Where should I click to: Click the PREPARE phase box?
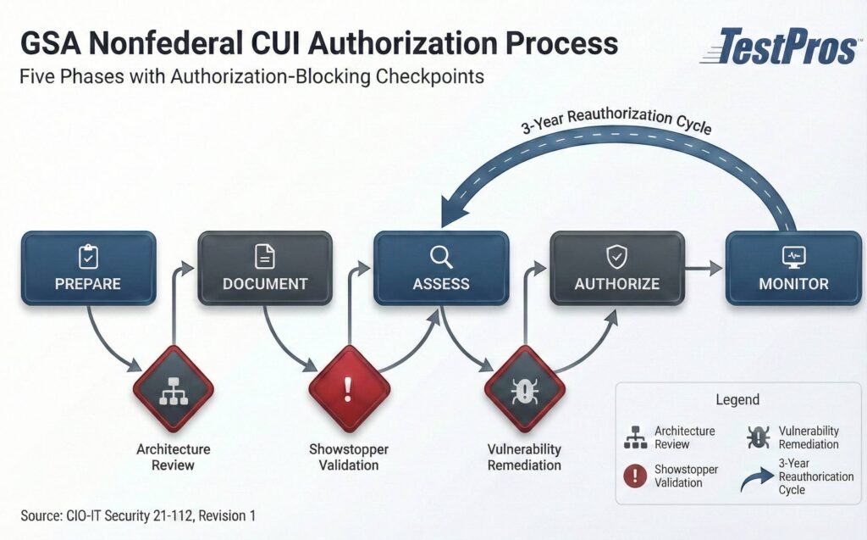click(88, 268)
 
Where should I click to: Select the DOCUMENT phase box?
click(264, 268)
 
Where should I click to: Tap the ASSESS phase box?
click(441, 268)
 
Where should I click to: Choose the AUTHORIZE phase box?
click(617, 268)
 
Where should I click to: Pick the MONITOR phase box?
click(793, 268)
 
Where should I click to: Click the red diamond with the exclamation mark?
click(349, 388)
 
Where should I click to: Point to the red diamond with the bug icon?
click(525, 388)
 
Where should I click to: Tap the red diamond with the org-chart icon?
click(173, 388)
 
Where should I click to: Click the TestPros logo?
click(778, 47)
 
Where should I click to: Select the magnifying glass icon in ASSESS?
click(441, 255)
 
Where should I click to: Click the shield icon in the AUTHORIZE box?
click(616, 255)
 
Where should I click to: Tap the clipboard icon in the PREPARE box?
click(88, 255)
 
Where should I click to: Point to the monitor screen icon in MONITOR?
click(793, 255)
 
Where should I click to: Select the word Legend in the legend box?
click(737, 399)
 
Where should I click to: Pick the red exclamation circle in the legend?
click(635, 476)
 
